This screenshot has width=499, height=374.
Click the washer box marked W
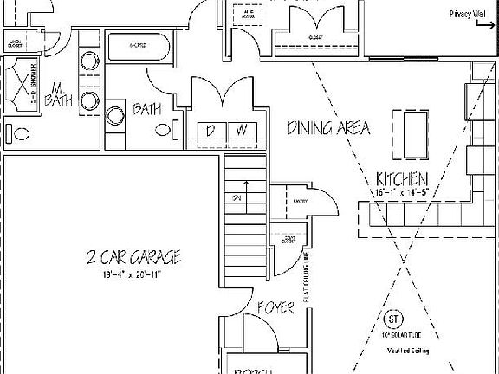(242, 130)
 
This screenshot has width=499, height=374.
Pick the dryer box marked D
(211, 130)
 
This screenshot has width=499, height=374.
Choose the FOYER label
(275, 307)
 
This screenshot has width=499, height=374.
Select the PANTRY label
(301, 201)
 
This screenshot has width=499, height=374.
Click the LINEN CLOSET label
(15, 42)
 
